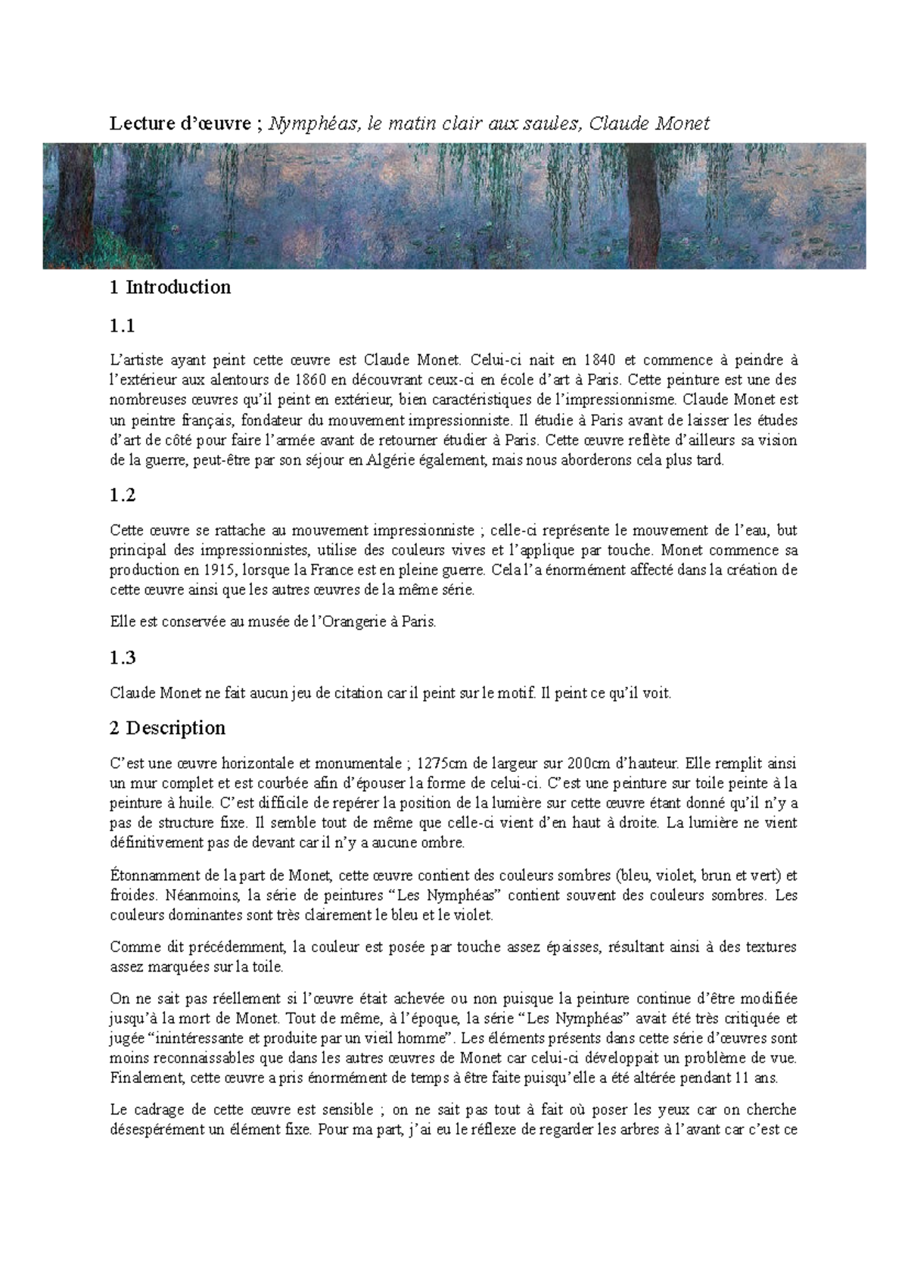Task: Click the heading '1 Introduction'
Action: point(169,288)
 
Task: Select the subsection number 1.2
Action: point(122,496)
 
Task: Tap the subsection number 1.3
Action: point(122,658)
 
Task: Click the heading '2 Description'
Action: point(167,728)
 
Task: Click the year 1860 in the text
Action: point(311,380)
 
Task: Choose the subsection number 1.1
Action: point(122,327)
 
